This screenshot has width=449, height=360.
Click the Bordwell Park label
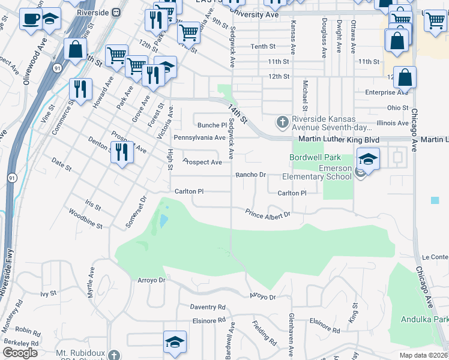pos(311,158)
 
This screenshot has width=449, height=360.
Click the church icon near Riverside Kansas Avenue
pos(282,122)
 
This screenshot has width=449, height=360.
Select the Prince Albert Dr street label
pos(267,213)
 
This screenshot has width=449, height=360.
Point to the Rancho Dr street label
pos(250,175)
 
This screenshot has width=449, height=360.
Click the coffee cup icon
pos(30,18)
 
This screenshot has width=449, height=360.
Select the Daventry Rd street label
pos(208,307)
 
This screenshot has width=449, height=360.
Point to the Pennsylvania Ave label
pos(199,137)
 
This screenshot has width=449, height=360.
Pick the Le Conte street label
pos(435,257)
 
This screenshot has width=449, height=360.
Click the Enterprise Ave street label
pos(387,92)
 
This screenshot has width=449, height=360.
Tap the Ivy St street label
pos(47,294)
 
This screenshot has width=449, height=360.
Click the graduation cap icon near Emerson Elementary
pos(368,160)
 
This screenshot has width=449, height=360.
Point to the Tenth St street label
pos(263,46)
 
